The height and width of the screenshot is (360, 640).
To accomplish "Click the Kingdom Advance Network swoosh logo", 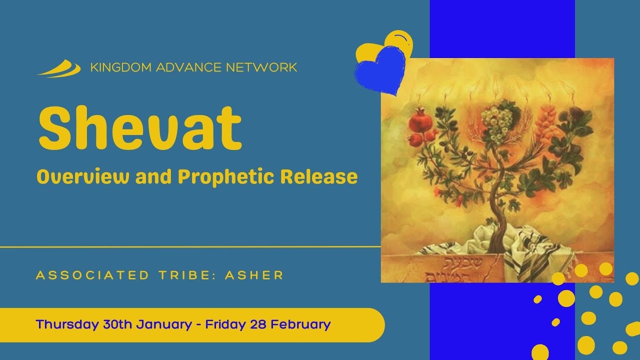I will tap(59, 68).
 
